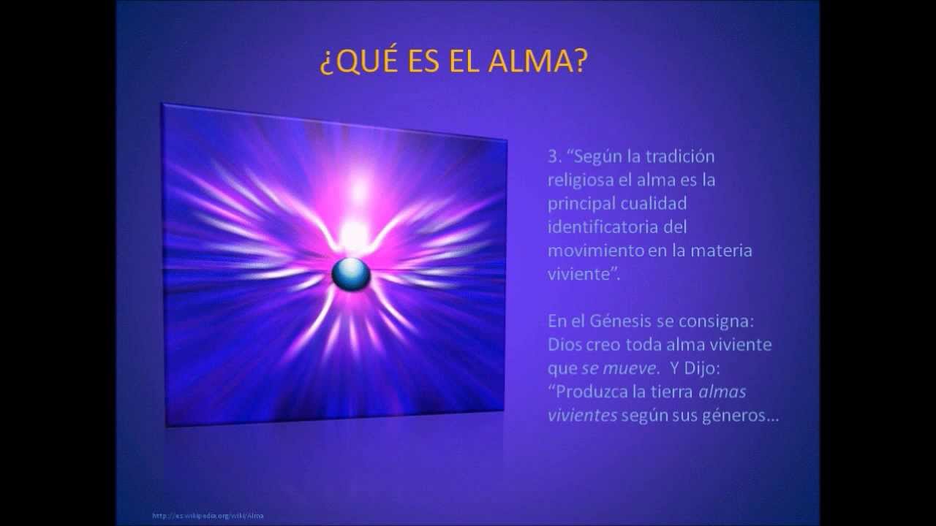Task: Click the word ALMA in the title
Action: [538, 63]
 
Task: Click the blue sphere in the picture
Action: [350, 274]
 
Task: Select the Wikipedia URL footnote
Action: [208, 516]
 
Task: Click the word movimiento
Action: [595, 251]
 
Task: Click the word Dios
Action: [565, 344]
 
